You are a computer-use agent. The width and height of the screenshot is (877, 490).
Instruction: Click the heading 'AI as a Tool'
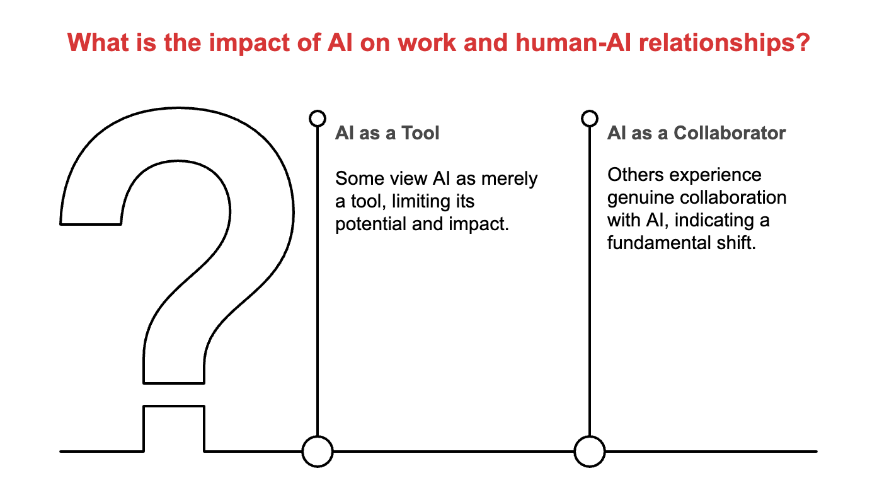point(387,133)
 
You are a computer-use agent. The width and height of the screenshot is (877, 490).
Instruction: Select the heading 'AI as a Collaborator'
point(696,133)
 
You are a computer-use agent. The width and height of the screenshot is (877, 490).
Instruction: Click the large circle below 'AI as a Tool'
point(317,452)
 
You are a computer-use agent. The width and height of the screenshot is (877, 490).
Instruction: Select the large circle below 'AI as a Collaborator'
point(589,452)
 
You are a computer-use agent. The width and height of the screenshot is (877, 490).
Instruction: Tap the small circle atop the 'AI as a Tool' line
point(318,118)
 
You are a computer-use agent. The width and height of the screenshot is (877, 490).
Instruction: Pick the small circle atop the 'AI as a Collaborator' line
point(589,118)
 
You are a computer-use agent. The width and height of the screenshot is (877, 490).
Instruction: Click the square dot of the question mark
point(174,429)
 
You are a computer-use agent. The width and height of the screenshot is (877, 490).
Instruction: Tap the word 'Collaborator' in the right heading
point(730,133)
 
